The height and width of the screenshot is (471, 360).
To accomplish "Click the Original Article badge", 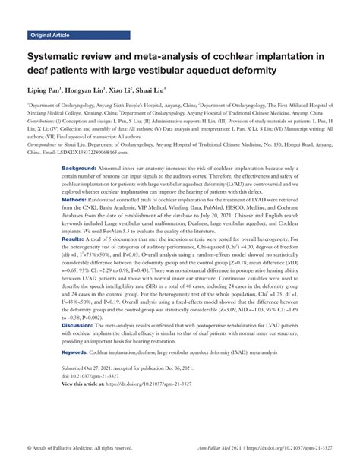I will (53, 36).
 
